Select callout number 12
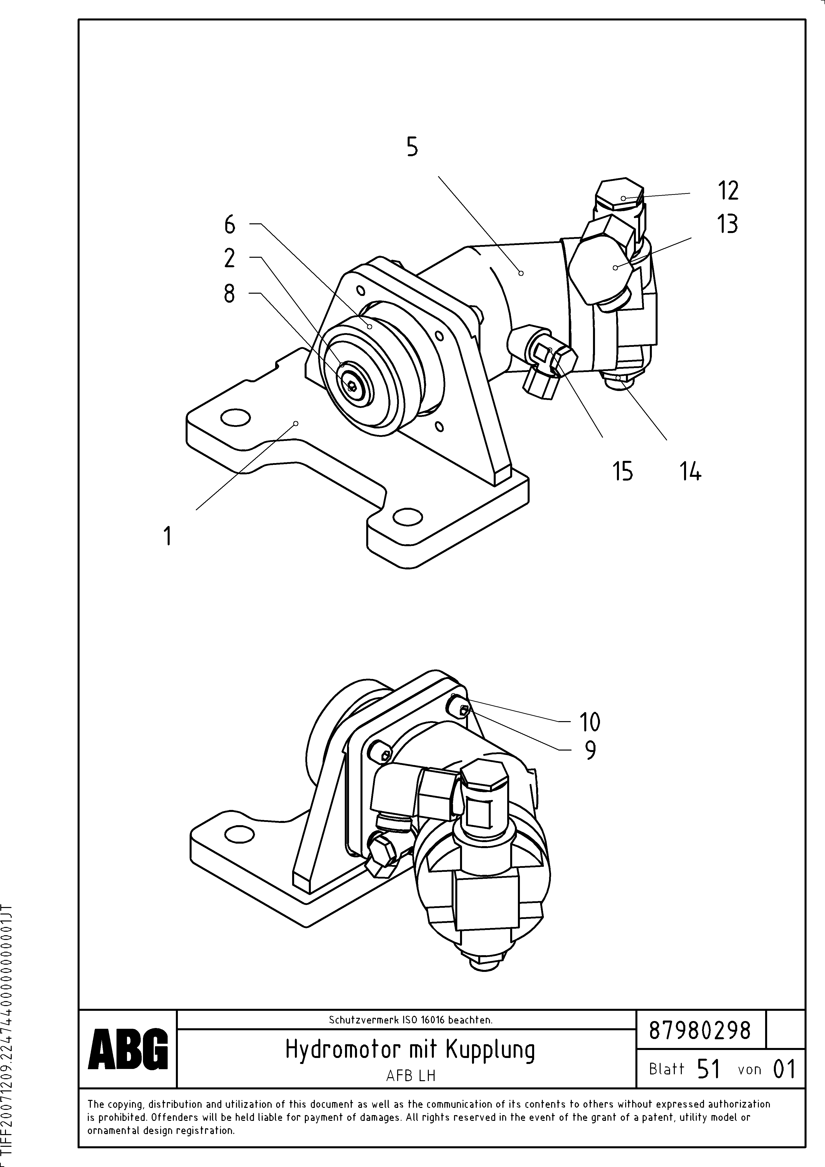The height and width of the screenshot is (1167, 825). [x=728, y=191]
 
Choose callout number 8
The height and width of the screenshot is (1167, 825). [x=230, y=293]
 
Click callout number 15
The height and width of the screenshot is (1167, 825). [x=623, y=471]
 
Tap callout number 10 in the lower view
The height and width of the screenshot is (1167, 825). [x=590, y=722]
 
